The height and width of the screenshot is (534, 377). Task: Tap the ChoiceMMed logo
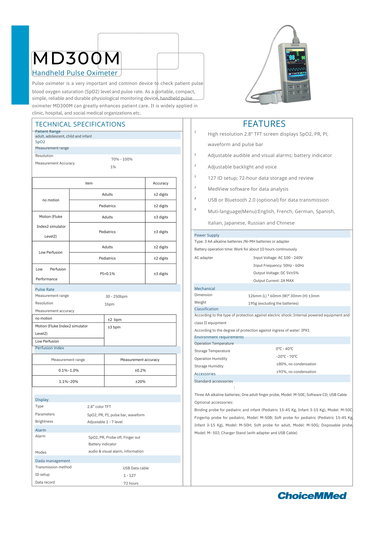point(312,496)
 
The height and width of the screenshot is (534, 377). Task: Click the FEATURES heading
point(264,124)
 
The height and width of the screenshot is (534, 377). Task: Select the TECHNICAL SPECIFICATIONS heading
point(80,124)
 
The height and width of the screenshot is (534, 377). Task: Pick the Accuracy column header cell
point(161,183)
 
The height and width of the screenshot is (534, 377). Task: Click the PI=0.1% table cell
point(107,274)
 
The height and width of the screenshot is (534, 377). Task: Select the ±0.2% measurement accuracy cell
point(140,371)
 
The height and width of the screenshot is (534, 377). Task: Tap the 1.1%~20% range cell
point(69,382)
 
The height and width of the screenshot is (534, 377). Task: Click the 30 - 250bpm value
point(116,297)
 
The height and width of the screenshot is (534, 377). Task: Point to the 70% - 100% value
point(122,159)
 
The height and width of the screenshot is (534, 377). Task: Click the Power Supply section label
point(207,235)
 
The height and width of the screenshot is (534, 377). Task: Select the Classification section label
point(206,309)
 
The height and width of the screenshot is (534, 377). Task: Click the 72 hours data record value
point(131,484)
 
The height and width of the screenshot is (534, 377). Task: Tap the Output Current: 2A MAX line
point(273,281)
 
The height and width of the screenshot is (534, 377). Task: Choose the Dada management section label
point(53,461)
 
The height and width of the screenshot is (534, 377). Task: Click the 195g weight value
point(273,304)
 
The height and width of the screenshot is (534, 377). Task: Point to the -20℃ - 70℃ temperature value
point(287,357)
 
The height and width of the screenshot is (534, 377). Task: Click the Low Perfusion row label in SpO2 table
point(51,253)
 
